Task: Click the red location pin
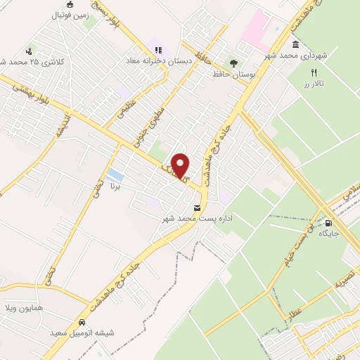click(181, 165)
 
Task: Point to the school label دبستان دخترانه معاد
click(159, 61)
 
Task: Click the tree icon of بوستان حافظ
click(233, 61)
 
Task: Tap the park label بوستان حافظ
click(235, 74)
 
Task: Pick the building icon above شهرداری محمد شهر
click(294, 45)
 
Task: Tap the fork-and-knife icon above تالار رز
click(314, 72)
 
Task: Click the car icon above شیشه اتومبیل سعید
click(83, 323)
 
